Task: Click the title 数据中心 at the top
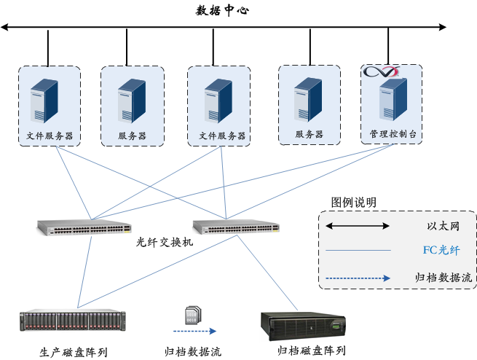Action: (x=224, y=9)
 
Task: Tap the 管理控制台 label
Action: (x=391, y=135)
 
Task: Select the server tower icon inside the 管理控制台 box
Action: (x=392, y=101)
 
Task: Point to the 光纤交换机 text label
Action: (x=165, y=242)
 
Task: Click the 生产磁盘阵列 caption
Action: (x=73, y=353)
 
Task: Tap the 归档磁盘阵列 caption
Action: (x=311, y=351)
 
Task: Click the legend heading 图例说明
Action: (x=354, y=203)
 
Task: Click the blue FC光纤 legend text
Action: (x=441, y=250)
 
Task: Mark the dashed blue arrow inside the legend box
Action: (x=358, y=278)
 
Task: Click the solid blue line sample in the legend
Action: (x=358, y=251)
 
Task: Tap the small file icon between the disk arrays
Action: (x=191, y=313)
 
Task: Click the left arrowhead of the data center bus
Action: (x=5, y=28)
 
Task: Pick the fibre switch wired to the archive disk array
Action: (x=235, y=227)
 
